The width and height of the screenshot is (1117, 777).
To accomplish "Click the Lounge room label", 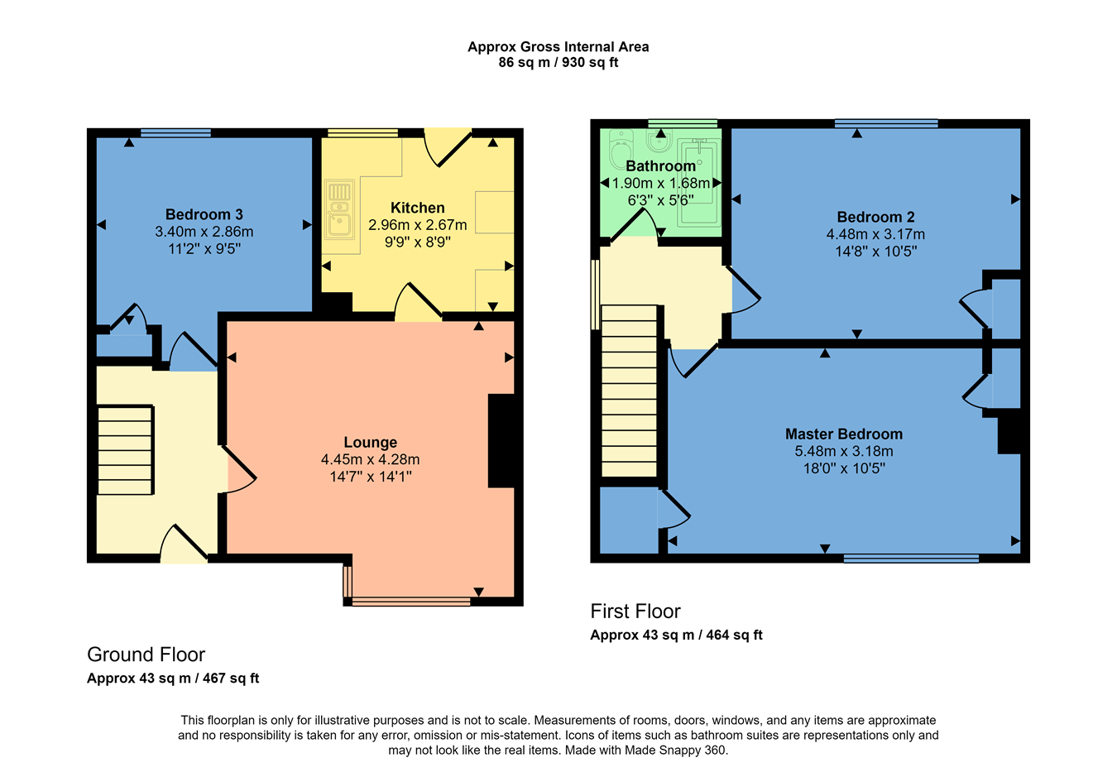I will (370, 443).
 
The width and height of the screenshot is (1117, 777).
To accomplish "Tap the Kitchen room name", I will (417, 208).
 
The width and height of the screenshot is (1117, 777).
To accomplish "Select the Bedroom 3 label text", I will (204, 214).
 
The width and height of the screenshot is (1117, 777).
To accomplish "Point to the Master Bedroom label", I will (843, 434).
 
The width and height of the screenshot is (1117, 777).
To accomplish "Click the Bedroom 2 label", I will (875, 217).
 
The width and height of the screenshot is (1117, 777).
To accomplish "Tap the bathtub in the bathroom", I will (698, 182).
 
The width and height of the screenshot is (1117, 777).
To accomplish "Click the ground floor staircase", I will (125, 449).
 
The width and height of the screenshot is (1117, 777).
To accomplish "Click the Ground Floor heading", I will (146, 655).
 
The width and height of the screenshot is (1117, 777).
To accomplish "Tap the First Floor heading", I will (635, 612).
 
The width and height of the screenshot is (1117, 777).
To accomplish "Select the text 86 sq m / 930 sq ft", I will (558, 63).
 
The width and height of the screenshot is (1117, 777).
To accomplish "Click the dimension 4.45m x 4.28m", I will (370, 459).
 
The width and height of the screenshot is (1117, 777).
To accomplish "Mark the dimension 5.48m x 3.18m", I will (843, 452).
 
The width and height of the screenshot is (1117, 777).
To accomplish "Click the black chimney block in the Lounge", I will (501, 440).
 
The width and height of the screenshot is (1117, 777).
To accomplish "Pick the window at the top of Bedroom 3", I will (175, 132).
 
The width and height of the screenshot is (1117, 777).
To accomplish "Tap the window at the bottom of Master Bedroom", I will (910, 559).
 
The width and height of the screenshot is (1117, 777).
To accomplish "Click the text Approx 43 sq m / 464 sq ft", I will (676, 636).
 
